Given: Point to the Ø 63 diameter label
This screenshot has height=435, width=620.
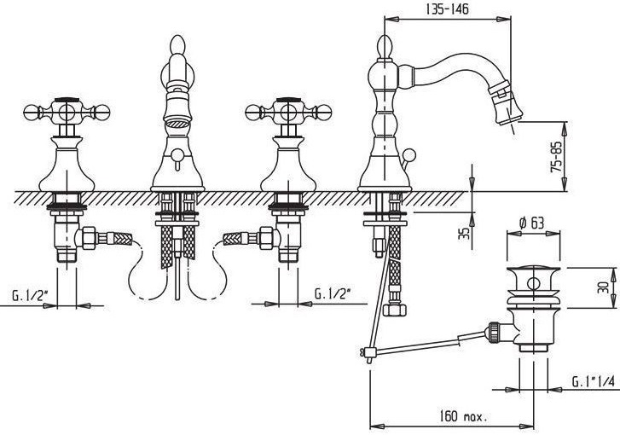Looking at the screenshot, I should pos(530,224).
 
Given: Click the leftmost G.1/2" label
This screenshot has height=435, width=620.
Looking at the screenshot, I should pos(32,295).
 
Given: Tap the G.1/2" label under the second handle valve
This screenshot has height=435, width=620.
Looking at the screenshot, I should pos(333,294).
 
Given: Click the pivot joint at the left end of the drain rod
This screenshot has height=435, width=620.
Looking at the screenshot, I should pos(368,351).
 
